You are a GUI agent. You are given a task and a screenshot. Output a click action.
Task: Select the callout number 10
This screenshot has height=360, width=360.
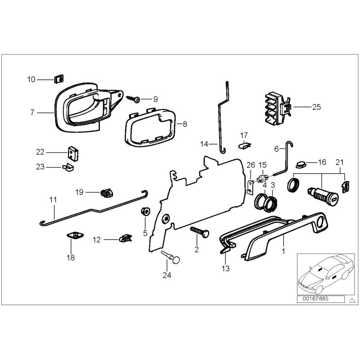pos(31,80)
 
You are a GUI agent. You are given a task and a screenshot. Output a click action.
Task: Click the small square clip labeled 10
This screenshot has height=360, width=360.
pos(58,80)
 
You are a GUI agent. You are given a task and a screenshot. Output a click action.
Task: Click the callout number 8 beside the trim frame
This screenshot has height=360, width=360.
pos(184,122)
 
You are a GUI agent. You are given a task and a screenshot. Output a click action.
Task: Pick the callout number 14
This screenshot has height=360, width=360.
pos(204,144)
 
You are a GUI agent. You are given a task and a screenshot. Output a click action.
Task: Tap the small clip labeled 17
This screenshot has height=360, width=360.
pos(244,144)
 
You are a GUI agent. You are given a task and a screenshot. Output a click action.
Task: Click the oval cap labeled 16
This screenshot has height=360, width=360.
pos(300,162)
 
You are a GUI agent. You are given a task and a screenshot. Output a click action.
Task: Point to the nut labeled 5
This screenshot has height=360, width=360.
pos(145,211)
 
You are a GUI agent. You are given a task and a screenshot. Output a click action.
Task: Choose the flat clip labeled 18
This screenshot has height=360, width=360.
pos(72,235)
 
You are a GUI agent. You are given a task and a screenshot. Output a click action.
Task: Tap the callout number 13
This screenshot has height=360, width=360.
pos(225,268)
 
